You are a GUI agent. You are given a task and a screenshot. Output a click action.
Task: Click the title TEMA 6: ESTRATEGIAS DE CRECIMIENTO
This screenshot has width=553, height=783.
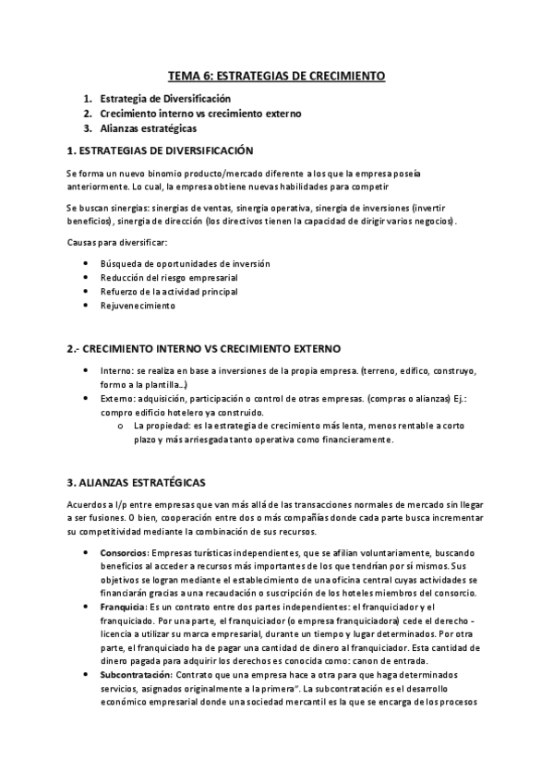pyautogui.click(x=276, y=77)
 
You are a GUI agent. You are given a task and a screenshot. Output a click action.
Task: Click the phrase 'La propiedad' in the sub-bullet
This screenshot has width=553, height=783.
pyautogui.click(x=163, y=426)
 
